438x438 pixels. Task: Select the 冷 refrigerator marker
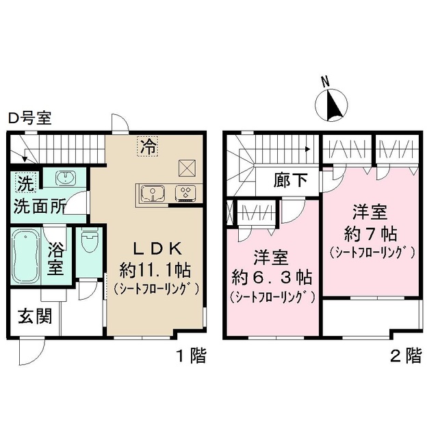(x=148, y=145)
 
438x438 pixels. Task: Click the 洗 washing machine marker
(x=25, y=183)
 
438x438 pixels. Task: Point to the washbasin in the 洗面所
(x=65, y=177)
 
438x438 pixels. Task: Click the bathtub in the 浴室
(x=26, y=259)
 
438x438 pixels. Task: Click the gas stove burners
(x=185, y=192)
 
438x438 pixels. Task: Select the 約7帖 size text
(x=371, y=231)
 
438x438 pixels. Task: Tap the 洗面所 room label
(x=40, y=204)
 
